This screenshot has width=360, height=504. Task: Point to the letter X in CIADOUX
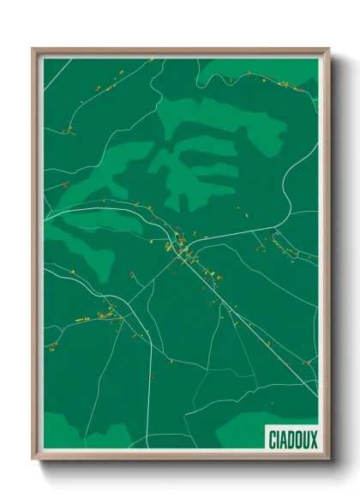(312, 438)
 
